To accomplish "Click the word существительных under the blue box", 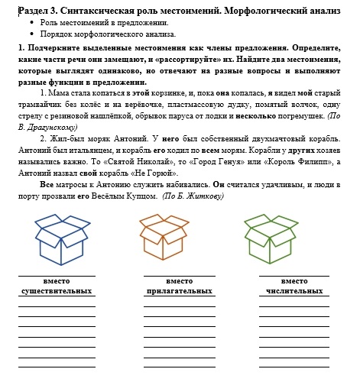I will (x=57, y=291).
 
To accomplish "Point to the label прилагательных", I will (x=179, y=291).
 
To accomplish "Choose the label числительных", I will (x=294, y=291).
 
